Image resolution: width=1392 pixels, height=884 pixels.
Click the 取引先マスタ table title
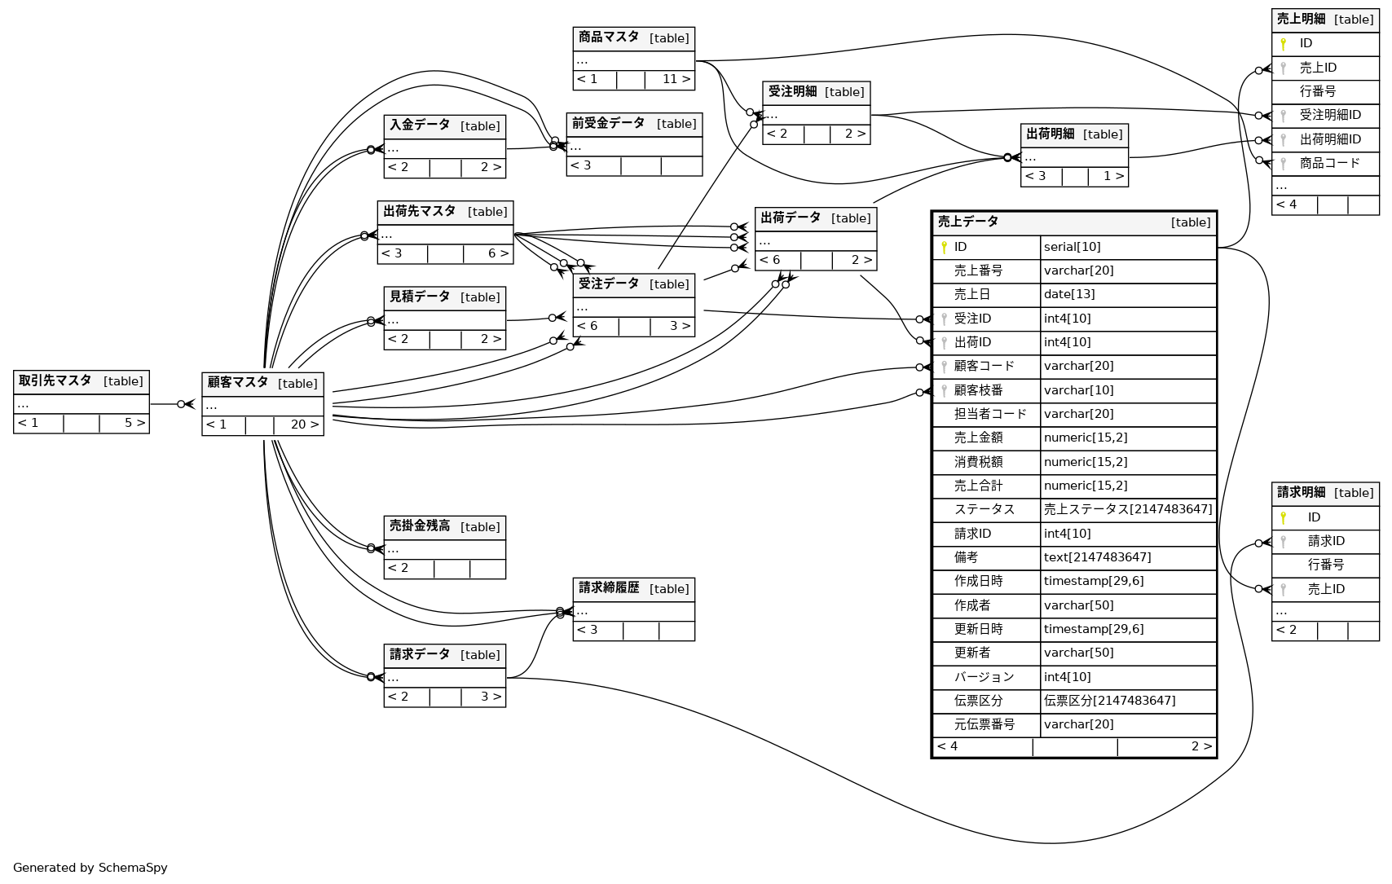(x=55, y=380)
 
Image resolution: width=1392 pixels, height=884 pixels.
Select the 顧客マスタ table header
(x=238, y=383)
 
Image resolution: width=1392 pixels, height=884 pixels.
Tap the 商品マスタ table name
(x=609, y=37)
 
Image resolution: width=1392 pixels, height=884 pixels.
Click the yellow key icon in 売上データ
(x=944, y=247)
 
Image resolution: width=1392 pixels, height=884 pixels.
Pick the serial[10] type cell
(x=1072, y=247)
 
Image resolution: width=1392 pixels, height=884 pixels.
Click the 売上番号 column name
(x=978, y=270)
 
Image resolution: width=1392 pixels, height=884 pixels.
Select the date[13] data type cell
(x=1069, y=294)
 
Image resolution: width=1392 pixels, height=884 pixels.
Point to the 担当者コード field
(x=990, y=414)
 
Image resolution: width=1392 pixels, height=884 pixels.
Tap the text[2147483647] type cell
(x=1097, y=557)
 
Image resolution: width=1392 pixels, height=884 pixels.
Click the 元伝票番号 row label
(x=985, y=724)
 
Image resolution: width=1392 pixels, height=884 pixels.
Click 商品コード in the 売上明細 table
(x=1329, y=163)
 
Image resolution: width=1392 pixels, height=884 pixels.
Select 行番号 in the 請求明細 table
(x=1325, y=565)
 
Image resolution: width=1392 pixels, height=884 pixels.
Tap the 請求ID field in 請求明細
(x=1326, y=541)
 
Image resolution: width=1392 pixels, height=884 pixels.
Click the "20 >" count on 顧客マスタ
(x=304, y=424)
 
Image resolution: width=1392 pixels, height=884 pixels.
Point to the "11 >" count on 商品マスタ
(x=676, y=79)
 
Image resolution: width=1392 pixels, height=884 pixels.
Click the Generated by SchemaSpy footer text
(x=90, y=868)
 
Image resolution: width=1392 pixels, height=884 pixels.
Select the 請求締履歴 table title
(x=609, y=588)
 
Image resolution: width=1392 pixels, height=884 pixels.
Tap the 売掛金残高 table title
(x=420, y=526)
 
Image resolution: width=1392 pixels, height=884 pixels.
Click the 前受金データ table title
(x=608, y=124)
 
